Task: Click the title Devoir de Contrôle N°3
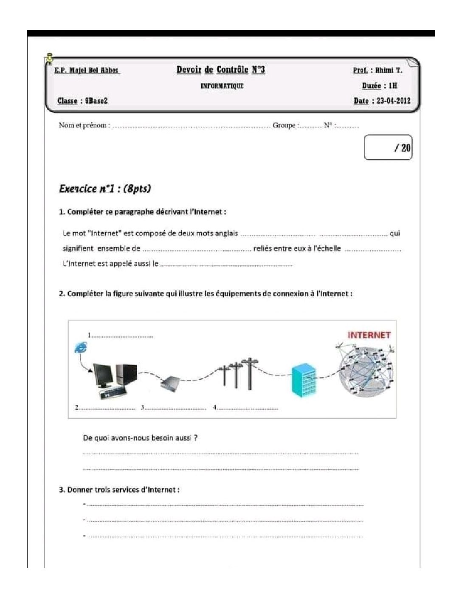pos(221,70)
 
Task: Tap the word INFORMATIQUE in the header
pos(222,86)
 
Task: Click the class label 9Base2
pos(96,101)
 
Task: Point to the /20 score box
pos(388,148)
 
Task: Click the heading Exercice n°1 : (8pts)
pos(105,189)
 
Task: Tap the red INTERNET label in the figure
pos(369,335)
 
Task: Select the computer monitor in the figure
pos(103,375)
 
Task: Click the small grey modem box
pos(171,384)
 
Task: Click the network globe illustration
pos(366,371)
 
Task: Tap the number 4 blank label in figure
pos(246,408)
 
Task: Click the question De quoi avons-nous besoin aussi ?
pos(140,438)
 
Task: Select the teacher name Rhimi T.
pos(388,71)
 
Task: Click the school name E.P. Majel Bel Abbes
pos(87,71)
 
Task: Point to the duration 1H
pos(392,86)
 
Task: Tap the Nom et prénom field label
pos(84,125)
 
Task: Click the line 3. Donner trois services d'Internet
pos(119,490)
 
